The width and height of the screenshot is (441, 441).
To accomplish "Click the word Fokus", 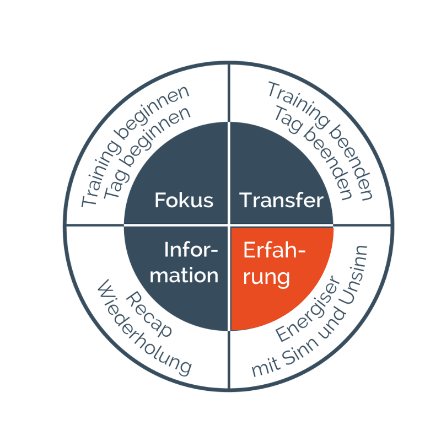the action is [184, 200].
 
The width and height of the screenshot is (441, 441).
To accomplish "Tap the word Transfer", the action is [281, 200].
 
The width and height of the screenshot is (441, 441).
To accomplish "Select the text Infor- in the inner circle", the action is [191, 250].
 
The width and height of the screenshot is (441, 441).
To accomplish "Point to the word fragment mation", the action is [184, 275].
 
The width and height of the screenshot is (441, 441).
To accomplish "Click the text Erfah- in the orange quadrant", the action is [274, 250].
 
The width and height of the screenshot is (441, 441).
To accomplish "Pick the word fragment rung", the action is [266, 278].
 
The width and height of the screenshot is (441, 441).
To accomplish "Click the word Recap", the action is [148, 314].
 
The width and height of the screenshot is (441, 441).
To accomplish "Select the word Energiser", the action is [308, 309].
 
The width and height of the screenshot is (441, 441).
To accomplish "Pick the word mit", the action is [266, 367].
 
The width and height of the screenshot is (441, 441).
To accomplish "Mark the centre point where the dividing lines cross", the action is [229, 225].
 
